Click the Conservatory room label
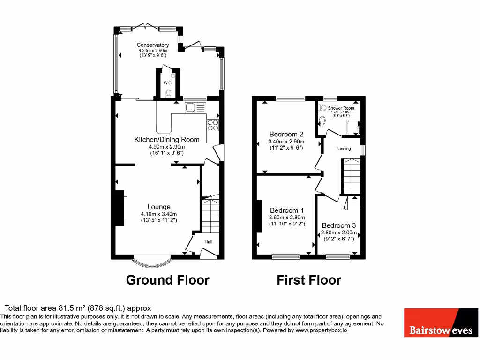point(153,45)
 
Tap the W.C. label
point(168,83)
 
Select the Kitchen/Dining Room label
point(167,139)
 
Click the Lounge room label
point(159,207)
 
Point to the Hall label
point(208,242)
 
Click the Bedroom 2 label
point(286,134)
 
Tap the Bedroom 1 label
point(286,210)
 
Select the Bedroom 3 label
point(339,225)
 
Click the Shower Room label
point(341,108)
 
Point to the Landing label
point(344,149)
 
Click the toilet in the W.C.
point(168,93)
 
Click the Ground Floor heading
point(167,280)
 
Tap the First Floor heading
point(309,280)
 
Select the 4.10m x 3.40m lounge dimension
point(158,214)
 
